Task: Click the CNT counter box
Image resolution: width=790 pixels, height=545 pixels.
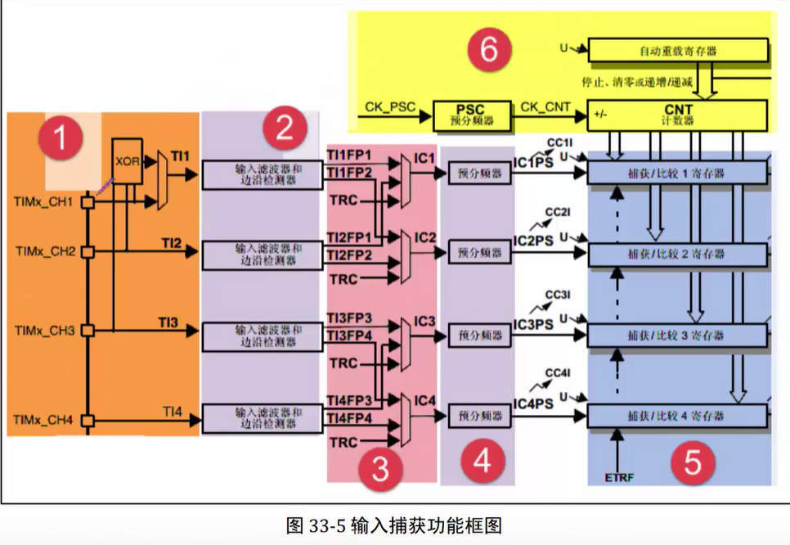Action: click(x=678, y=115)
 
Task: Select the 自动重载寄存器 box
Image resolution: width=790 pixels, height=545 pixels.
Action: click(x=678, y=51)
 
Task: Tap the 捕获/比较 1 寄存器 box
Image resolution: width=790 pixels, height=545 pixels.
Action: click(x=678, y=173)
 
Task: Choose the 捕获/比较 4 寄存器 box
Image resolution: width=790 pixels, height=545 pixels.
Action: click(x=678, y=416)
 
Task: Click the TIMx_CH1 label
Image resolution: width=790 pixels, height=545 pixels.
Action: click(x=44, y=200)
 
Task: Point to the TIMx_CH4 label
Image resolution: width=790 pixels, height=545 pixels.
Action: click(x=44, y=421)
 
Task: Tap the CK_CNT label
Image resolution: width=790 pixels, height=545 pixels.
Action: click(x=545, y=107)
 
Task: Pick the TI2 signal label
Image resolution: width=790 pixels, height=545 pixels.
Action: click(x=170, y=241)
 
